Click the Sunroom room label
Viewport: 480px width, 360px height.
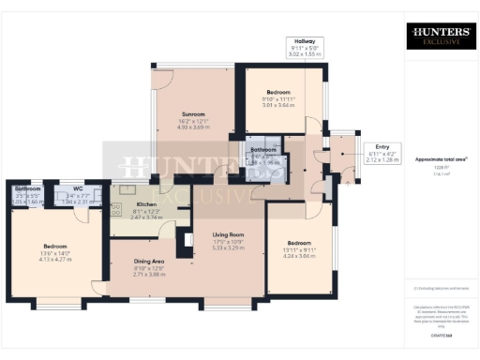pos(192,113)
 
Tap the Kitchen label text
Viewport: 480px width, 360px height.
pos(145,203)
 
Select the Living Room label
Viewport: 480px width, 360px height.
pos(228,234)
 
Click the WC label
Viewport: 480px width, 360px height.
pos(65,188)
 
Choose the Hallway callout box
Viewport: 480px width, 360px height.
pos(303,48)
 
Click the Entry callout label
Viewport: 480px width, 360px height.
pos(382,146)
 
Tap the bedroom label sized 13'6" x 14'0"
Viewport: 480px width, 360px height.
pos(54,246)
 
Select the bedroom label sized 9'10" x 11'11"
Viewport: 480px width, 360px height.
pos(278,92)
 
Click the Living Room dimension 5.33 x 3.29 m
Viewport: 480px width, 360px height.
pos(228,247)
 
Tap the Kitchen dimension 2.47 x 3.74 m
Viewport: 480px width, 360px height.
pos(145,217)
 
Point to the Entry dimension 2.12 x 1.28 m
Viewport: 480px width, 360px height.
pos(382,159)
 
